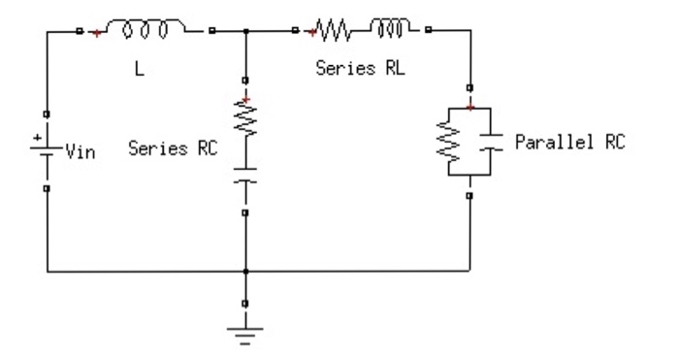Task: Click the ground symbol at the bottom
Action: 246,335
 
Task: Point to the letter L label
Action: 139,71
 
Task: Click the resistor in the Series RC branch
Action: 246,121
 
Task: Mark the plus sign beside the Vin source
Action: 37,138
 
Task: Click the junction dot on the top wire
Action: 246,32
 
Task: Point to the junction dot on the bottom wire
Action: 246,272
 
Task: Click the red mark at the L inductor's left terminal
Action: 95,32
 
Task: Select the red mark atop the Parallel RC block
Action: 469,107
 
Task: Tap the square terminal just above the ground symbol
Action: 246,303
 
